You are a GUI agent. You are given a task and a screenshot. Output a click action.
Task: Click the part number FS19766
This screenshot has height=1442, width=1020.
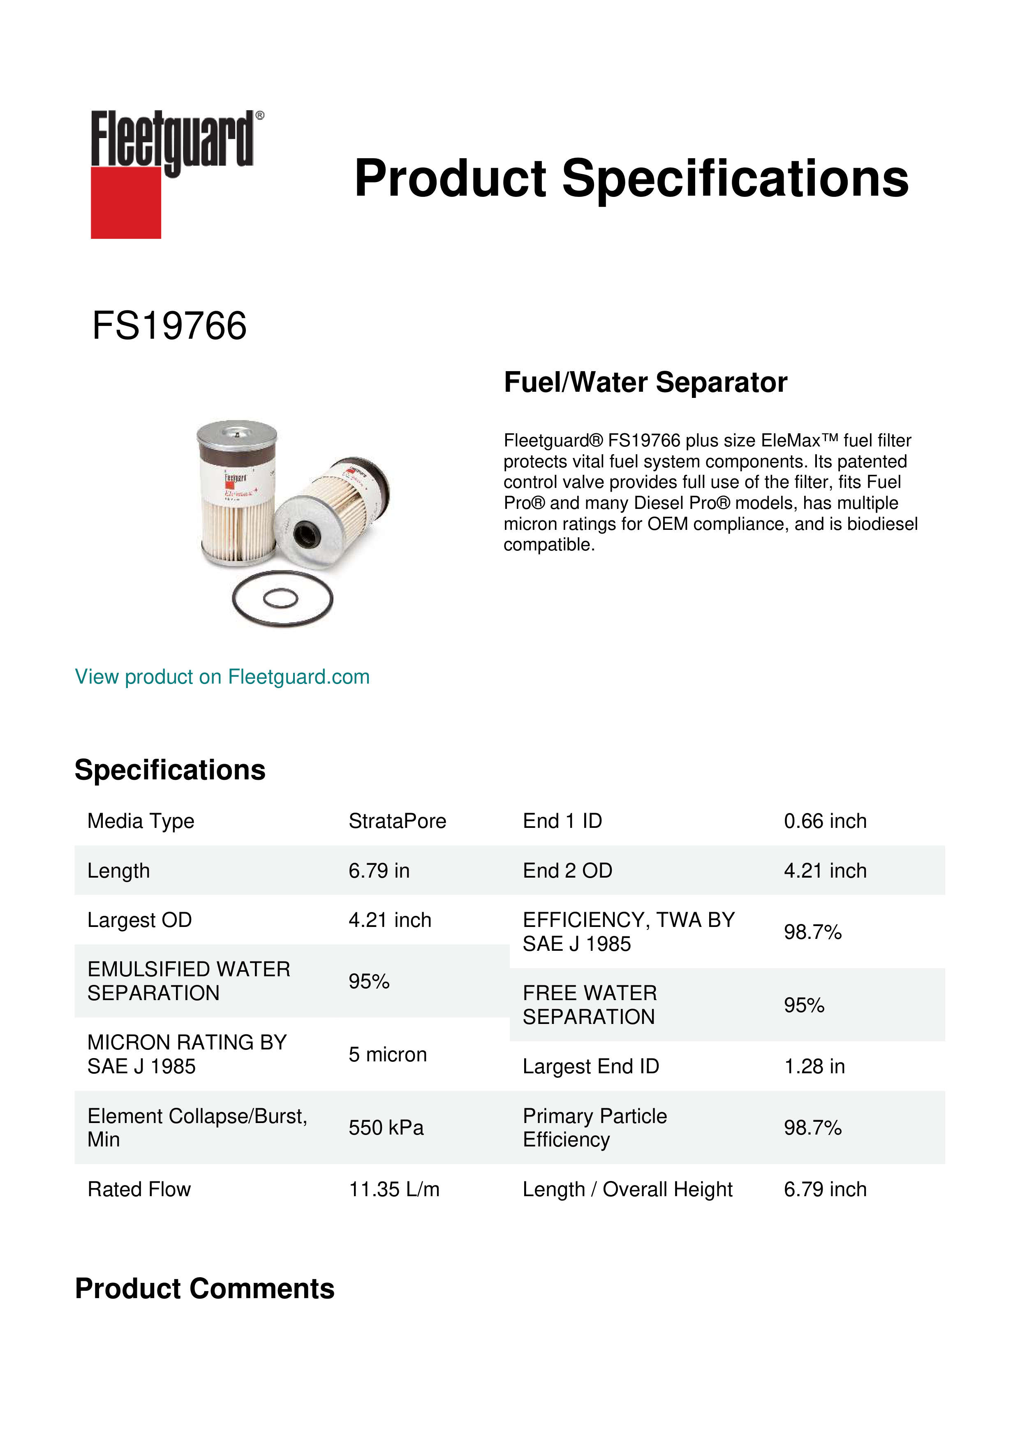(x=169, y=326)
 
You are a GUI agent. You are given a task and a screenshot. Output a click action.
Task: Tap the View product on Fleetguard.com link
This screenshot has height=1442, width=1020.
(x=222, y=677)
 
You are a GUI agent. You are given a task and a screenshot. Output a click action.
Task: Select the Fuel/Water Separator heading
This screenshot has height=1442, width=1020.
(x=645, y=382)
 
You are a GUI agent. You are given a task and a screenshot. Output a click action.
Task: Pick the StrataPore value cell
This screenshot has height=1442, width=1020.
(x=397, y=821)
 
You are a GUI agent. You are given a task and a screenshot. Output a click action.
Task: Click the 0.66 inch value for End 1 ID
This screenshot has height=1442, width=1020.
(x=825, y=821)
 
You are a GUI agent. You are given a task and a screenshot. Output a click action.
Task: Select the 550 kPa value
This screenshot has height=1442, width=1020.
(x=386, y=1128)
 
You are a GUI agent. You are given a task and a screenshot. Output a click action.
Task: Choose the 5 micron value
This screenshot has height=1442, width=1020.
(x=388, y=1054)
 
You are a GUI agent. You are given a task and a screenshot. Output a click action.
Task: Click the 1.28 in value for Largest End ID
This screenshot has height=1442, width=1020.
(x=814, y=1066)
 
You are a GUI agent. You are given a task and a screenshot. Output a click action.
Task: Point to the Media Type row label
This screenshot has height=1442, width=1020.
(x=141, y=821)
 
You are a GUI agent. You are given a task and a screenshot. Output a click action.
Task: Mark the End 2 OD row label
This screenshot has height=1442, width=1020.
(x=567, y=871)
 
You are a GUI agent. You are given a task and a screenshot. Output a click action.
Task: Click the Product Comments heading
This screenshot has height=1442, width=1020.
(x=205, y=1288)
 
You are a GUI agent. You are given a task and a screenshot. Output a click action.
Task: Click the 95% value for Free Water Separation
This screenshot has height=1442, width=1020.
(x=804, y=1005)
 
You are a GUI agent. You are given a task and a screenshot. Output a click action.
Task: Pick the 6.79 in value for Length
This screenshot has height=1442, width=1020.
(x=379, y=871)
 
